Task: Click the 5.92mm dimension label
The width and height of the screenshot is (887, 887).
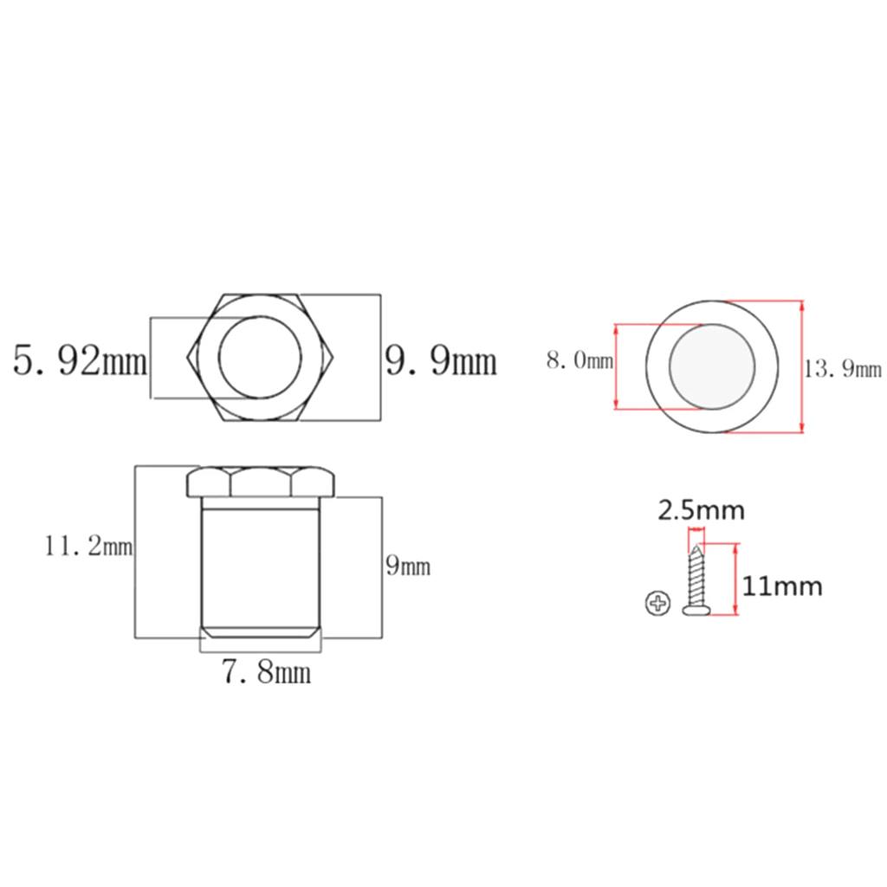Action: (80, 360)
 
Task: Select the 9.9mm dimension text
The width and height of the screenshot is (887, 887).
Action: (441, 360)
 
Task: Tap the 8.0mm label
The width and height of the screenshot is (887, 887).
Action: (579, 360)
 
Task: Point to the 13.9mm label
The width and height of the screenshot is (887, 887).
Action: (843, 369)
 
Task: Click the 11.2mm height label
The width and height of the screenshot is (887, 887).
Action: (89, 547)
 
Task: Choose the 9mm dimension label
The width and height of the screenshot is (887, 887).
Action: (408, 566)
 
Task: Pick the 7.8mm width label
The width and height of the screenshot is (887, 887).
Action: (267, 672)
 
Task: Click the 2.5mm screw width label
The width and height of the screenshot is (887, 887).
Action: (701, 510)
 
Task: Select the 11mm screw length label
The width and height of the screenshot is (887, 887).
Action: (782, 586)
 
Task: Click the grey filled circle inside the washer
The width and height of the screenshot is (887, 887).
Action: (712, 366)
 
